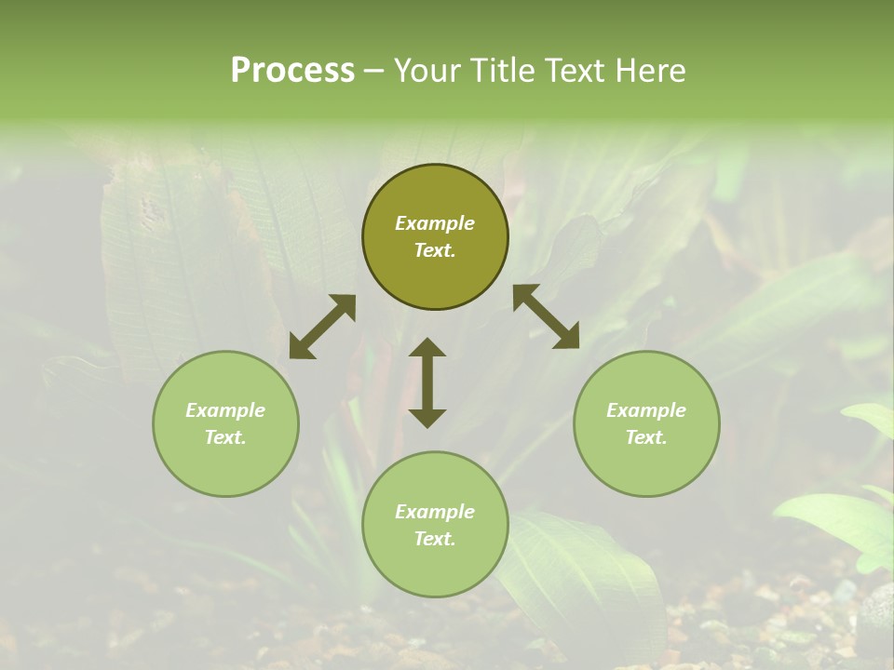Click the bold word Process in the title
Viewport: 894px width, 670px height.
pos(292,71)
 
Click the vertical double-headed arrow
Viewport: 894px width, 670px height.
pos(427,382)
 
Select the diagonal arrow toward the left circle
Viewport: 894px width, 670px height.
pos(322,327)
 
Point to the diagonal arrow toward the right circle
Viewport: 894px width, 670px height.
pos(547,316)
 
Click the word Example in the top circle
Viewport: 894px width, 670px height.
pos(435,223)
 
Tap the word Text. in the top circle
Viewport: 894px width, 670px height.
pos(435,250)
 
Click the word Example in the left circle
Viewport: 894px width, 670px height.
pos(225,410)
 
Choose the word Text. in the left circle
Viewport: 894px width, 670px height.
pos(225,437)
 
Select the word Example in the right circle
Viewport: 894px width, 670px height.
pos(646,410)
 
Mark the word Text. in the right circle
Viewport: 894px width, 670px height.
pos(646,437)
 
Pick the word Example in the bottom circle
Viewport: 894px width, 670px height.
pos(435,512)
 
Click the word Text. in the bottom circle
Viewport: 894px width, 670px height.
pos(435,539)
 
